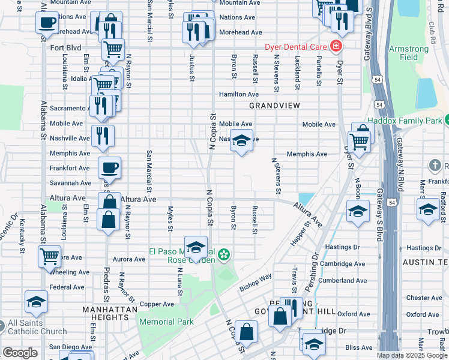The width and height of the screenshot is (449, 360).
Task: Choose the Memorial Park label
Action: coord(166,322)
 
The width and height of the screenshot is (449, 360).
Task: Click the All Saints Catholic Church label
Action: coord(37,327)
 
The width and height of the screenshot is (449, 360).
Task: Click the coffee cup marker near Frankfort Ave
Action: coord(109,167)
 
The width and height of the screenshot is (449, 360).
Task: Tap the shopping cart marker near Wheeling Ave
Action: coord(49,256)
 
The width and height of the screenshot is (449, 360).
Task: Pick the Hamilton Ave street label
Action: coord(238,94)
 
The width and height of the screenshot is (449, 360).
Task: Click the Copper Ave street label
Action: coord(157,304)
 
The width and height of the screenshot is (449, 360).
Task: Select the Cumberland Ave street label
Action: coord(343,280)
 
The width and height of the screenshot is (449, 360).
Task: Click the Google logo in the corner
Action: coord(20,353)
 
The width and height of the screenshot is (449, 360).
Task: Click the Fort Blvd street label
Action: coord(65,47)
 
